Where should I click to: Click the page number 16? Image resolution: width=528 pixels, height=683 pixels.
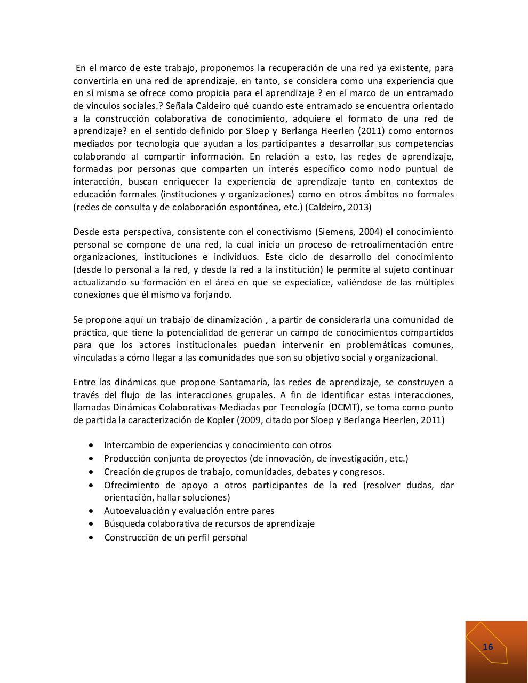487,647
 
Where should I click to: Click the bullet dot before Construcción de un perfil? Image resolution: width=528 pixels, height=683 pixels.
93,537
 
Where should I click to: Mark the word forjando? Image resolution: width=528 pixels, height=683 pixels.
230,295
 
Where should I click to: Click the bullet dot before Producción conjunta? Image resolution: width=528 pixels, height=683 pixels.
93,458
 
